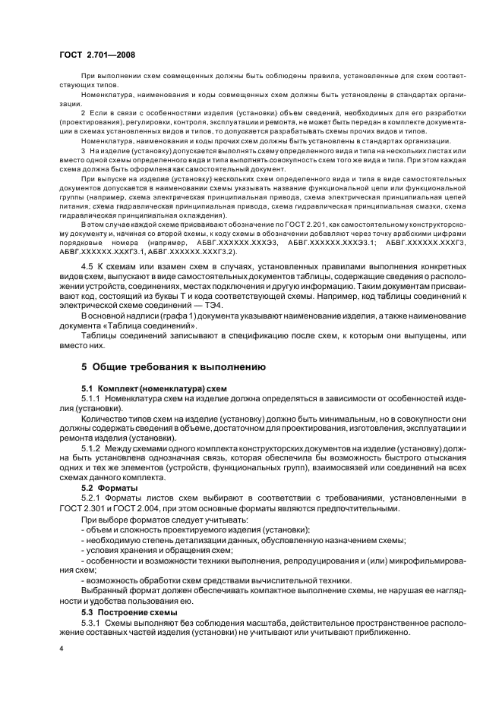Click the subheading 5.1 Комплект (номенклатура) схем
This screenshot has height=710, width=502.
(155, 387)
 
